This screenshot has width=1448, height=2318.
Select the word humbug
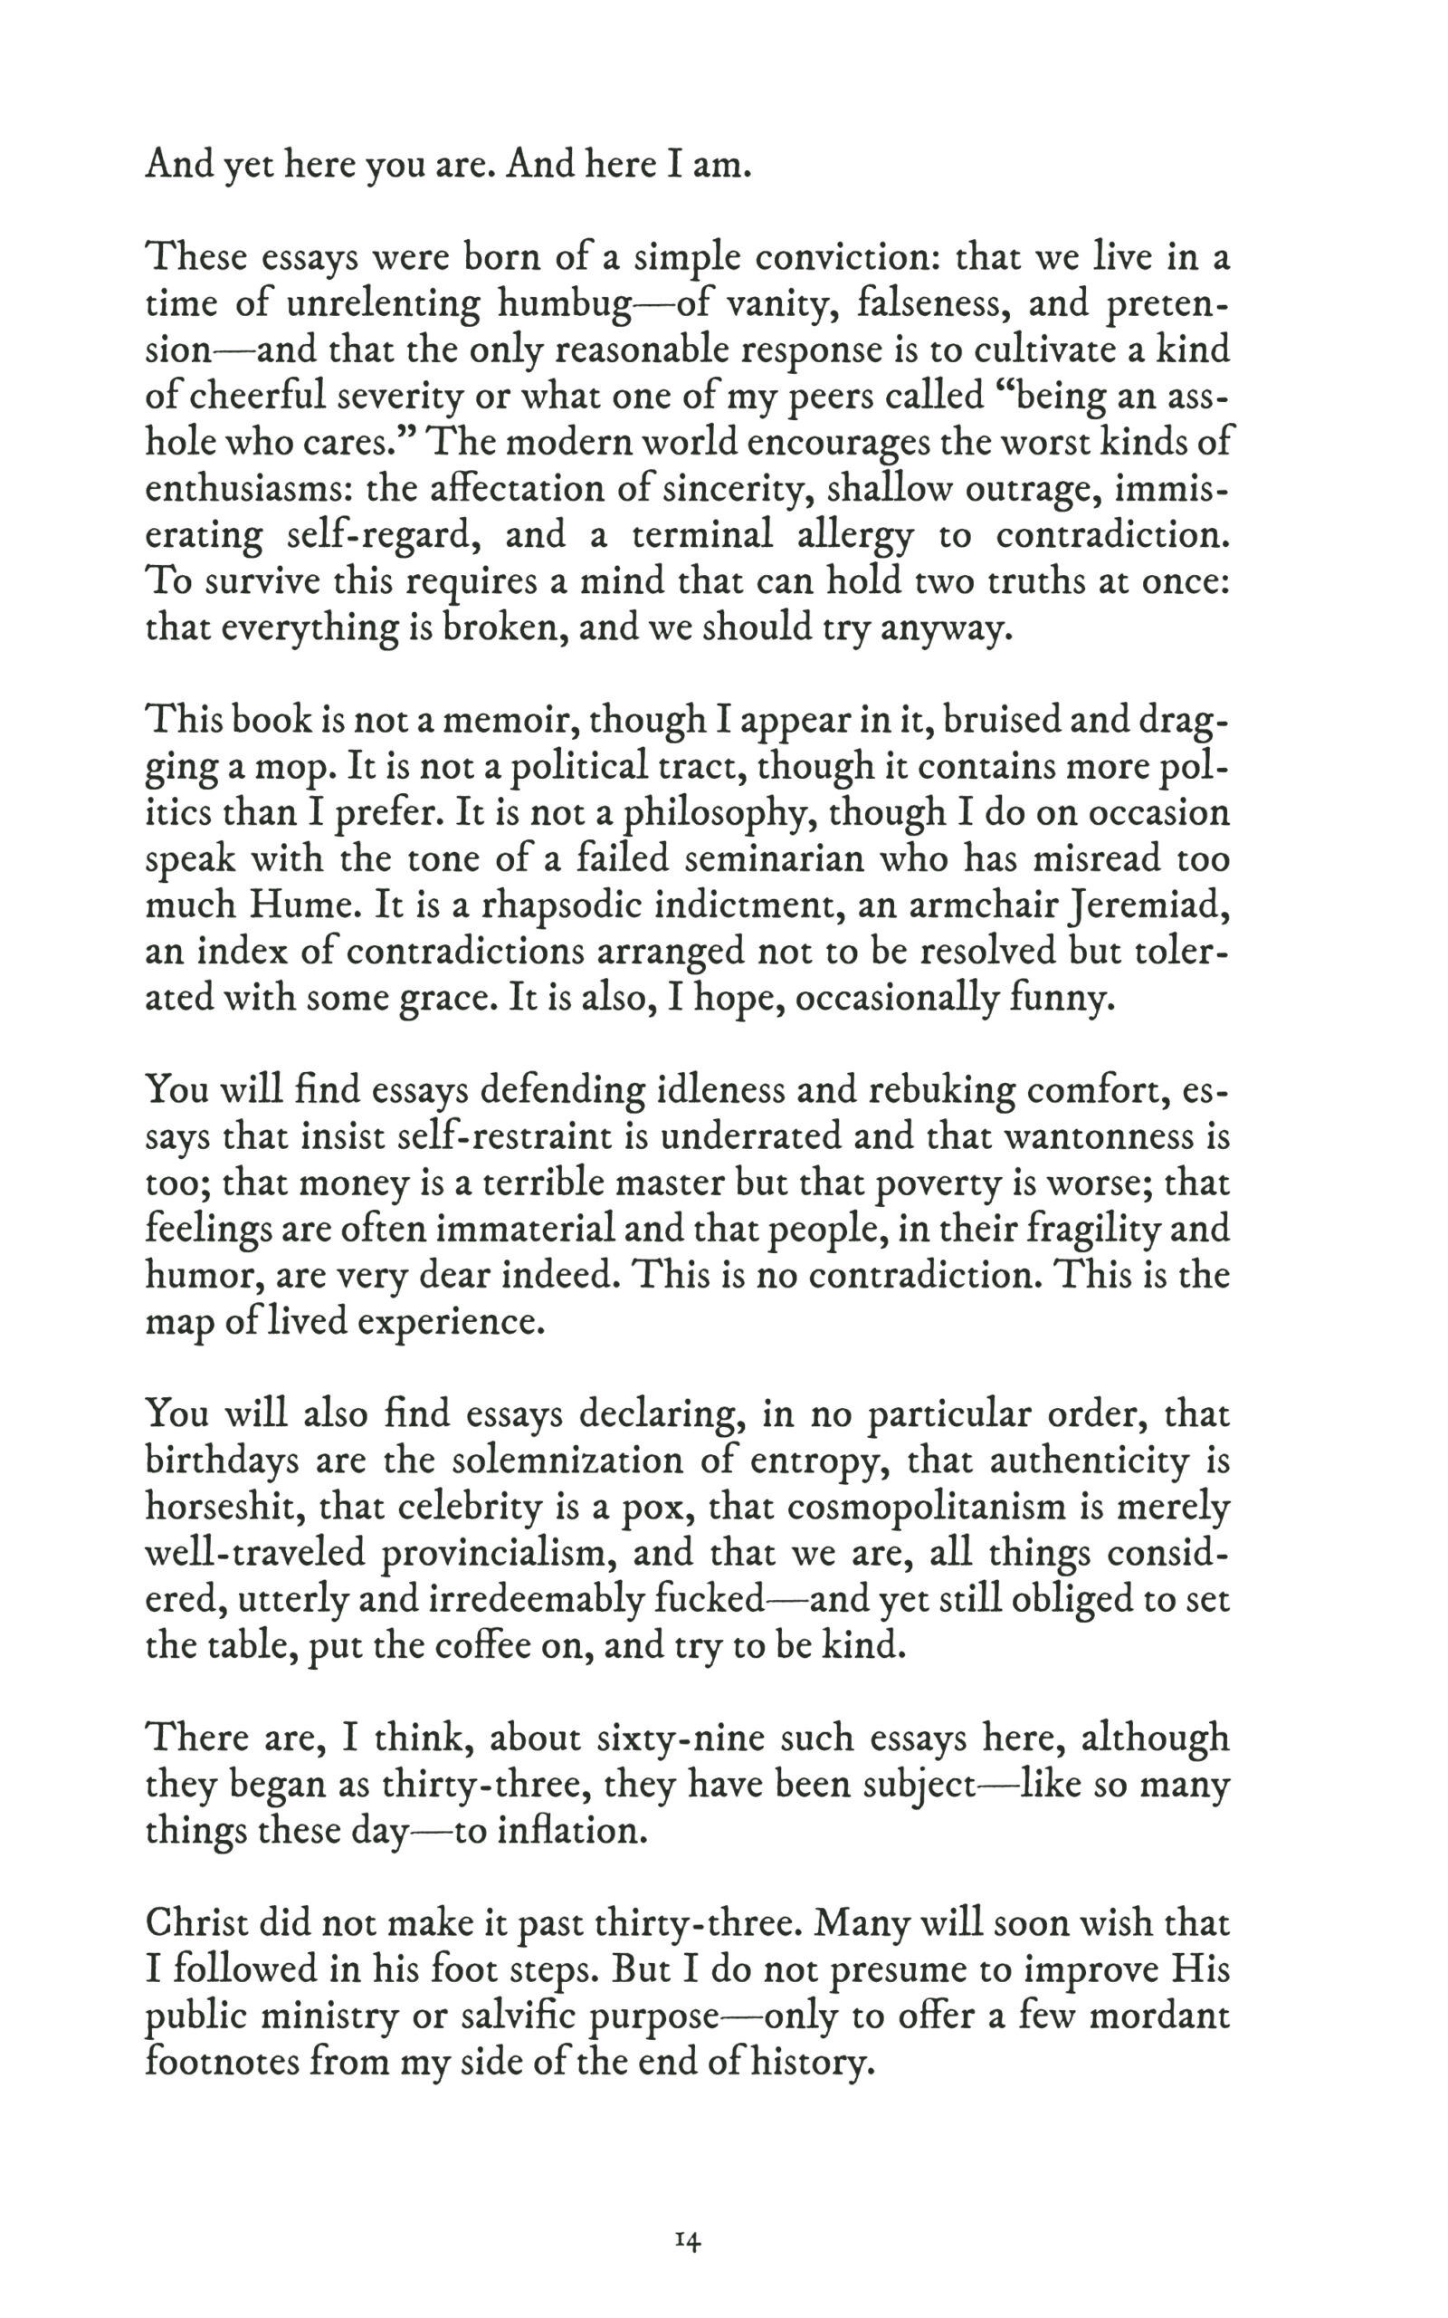tap(565, 305)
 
